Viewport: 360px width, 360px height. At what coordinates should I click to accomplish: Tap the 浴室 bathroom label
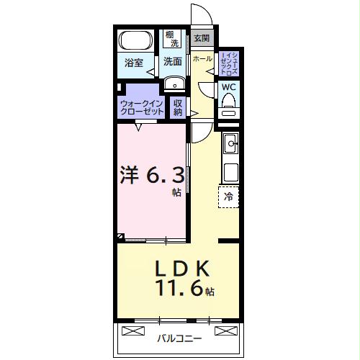tap(134, 63)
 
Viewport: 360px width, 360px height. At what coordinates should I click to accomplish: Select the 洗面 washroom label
tap(171, 63)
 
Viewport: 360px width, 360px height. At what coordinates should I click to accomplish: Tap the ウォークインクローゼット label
tap(141, 109)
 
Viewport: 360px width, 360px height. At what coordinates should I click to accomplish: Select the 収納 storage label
tap(178, 107)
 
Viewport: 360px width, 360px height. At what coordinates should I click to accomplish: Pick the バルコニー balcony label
tap(180, 337)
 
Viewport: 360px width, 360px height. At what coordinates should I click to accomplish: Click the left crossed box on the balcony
tap(134, 330)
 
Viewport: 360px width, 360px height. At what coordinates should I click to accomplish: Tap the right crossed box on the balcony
tap(225, 330)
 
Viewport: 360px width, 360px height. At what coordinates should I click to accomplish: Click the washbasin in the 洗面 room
tap(174, 85)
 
